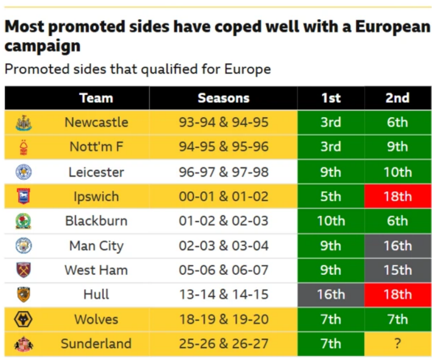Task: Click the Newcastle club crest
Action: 24,123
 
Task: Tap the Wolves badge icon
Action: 23,319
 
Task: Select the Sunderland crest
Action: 24,344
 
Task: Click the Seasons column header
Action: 224,98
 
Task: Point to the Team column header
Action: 96,98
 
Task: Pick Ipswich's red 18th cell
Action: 398,196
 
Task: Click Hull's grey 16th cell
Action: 331,294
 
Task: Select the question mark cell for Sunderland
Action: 398,344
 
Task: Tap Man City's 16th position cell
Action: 398,246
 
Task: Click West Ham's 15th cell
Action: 398,270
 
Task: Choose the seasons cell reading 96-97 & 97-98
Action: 224,172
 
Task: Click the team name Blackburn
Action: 96,221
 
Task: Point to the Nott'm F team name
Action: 96,147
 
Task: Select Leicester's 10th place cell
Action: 398,172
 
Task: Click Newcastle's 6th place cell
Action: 398,122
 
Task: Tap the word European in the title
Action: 393,27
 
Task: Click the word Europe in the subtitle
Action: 248,69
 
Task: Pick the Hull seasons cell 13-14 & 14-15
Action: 224,294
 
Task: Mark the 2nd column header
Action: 397,98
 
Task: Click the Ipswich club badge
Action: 24,196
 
